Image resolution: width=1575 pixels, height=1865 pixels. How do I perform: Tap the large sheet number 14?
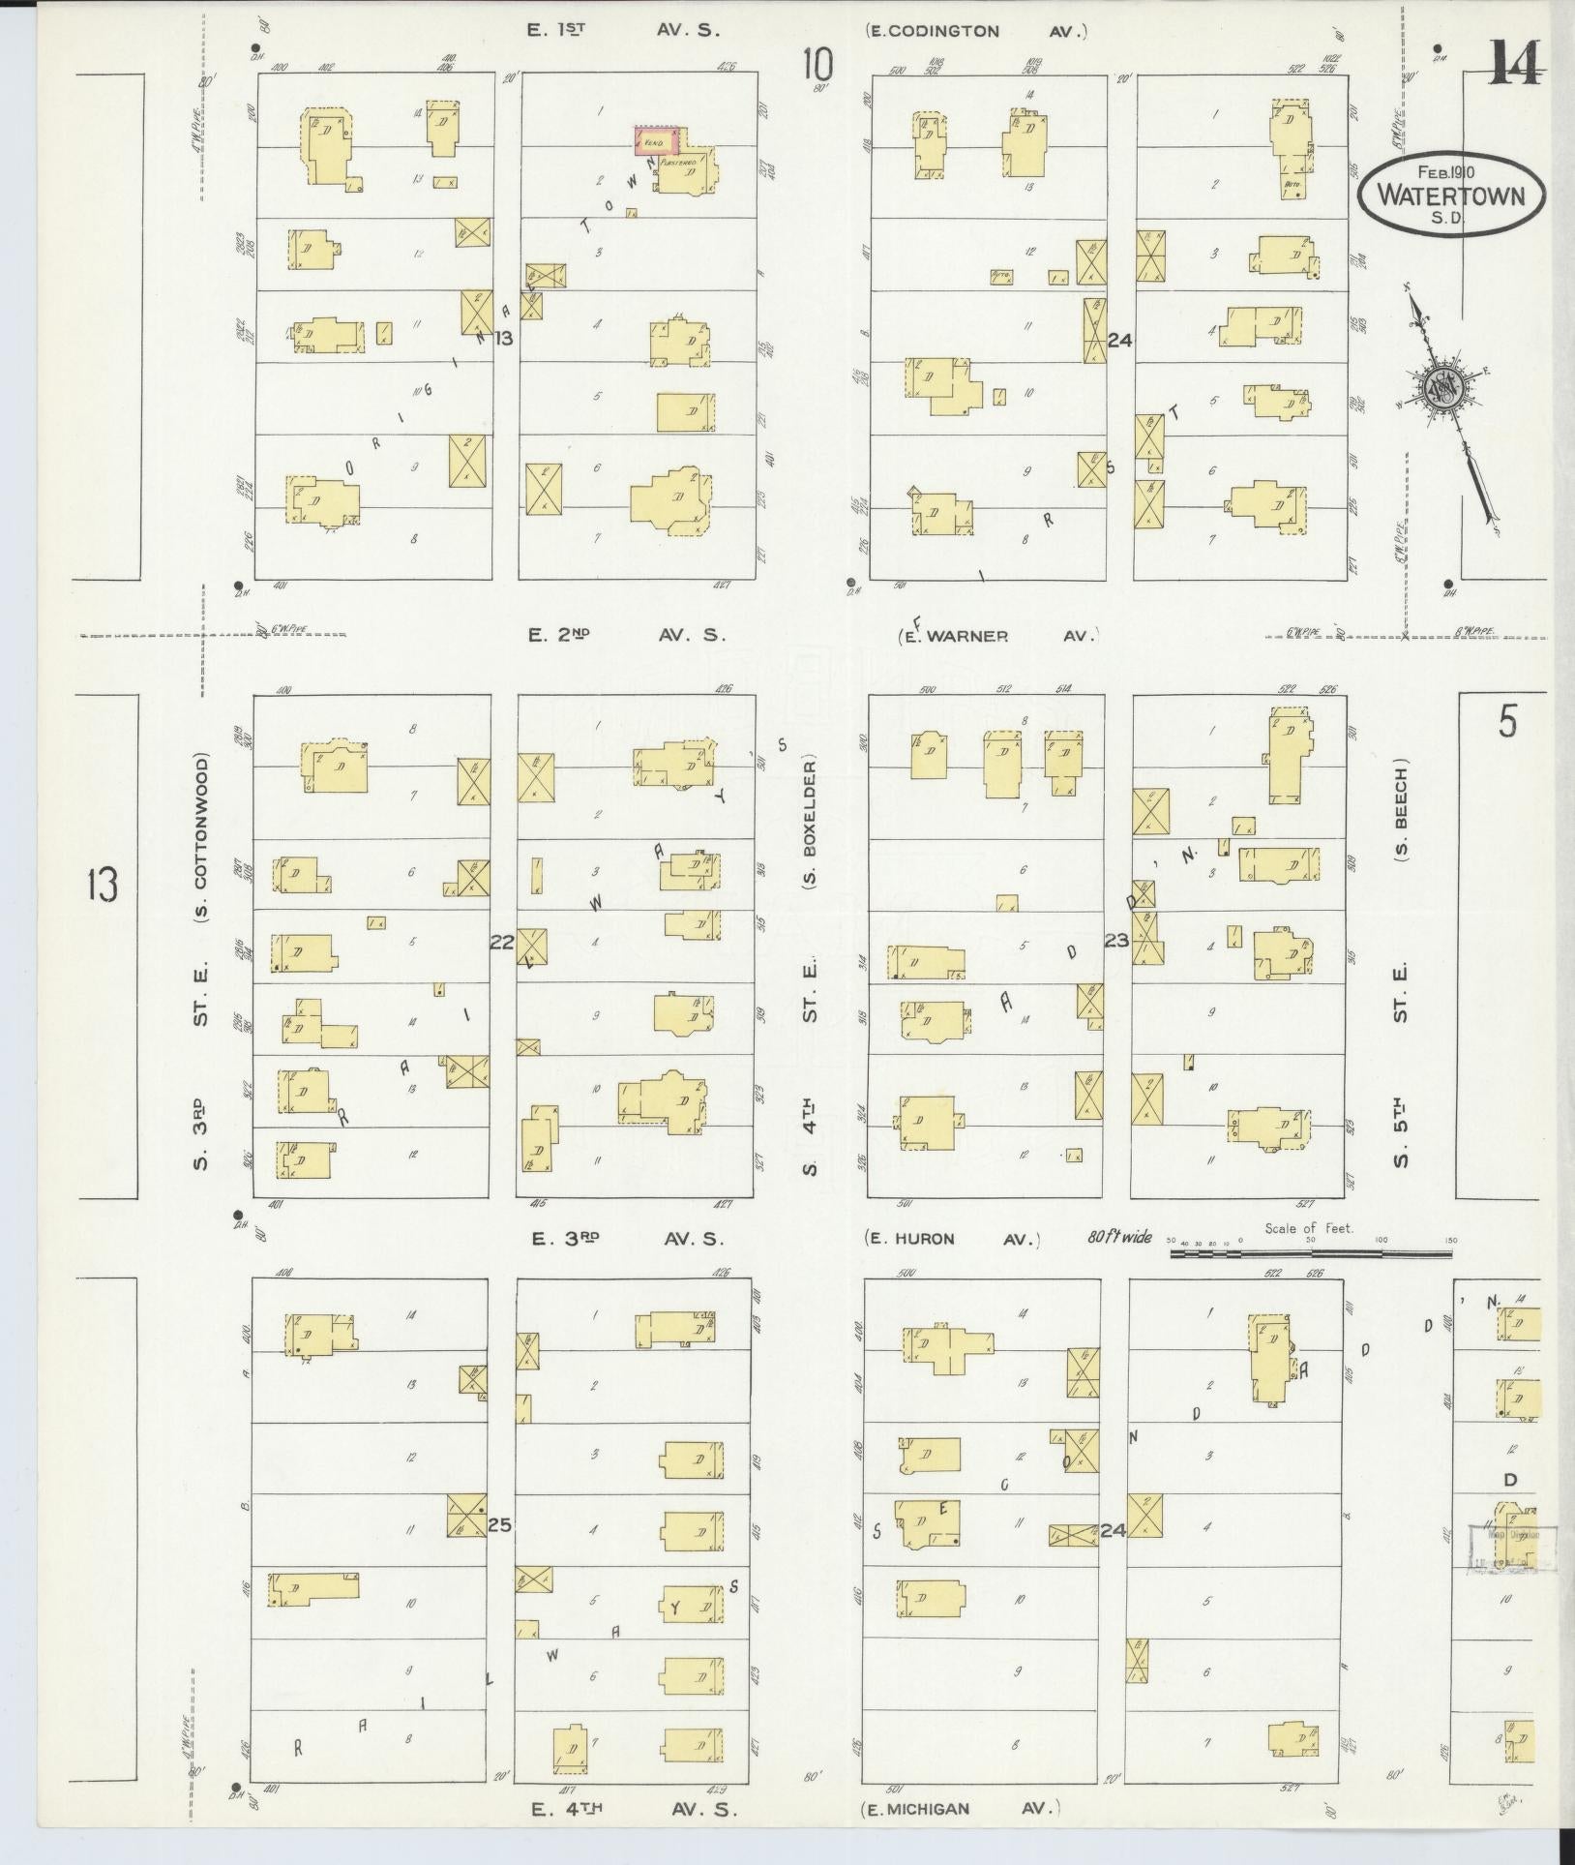1515,64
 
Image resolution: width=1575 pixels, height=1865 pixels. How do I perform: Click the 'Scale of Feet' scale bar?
1311,1252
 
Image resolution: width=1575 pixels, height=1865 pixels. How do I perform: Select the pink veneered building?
655,140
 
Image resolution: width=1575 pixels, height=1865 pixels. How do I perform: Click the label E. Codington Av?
976,31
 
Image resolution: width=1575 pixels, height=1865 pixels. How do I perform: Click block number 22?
501,941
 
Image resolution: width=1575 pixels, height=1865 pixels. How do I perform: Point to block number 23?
1116,940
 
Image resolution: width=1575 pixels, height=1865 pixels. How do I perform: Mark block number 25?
499,1525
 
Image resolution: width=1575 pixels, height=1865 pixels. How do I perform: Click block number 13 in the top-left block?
502,338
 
